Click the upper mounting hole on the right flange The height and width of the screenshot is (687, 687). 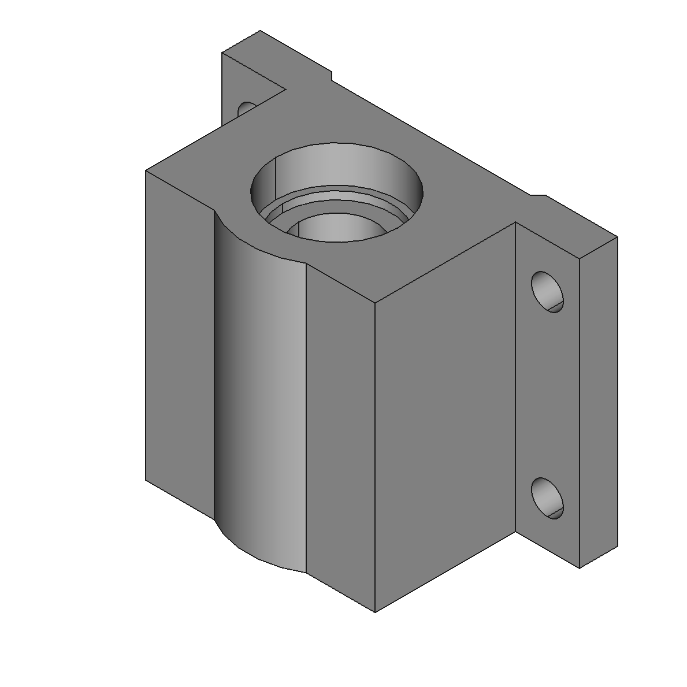click(x=547, y=292)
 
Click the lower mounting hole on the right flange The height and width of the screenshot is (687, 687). click(x=547, y=498)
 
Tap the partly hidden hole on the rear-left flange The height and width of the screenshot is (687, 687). click(x=247, y=108)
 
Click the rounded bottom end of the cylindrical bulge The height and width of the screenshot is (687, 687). click(x=260, y=555)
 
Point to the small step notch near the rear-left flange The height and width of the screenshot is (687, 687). click(x=332, y=75)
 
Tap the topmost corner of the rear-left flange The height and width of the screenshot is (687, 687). click(x=260, y=31)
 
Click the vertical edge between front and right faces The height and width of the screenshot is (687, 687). click(x=376, y=456)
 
